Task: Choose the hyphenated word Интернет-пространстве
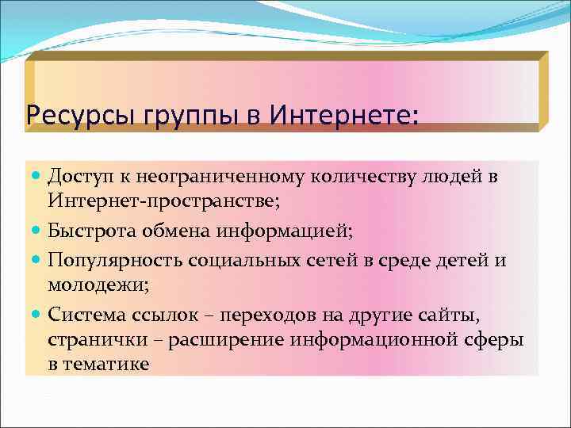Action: (x=163, y=204)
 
